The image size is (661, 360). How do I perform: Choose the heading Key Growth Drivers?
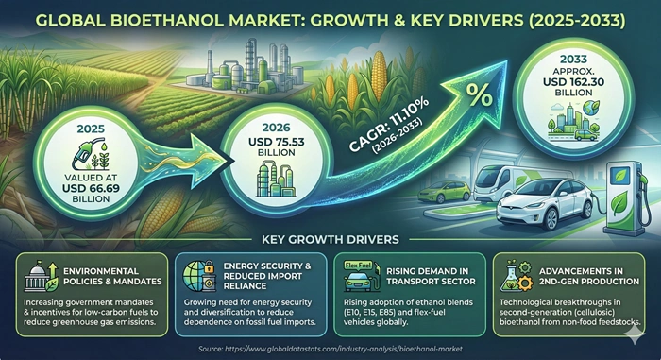pos(330,239)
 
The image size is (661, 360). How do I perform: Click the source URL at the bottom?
pos(330,348)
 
